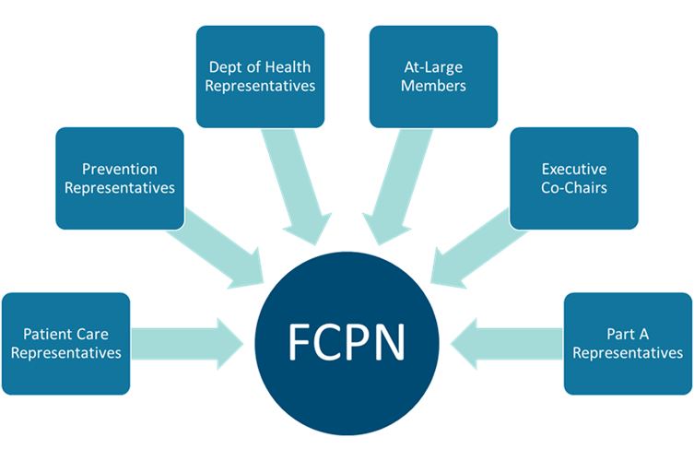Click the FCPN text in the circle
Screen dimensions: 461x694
click(x=347, y=342)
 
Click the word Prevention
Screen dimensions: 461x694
click(x=119, y=170)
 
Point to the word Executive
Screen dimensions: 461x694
click(x=573, y=170)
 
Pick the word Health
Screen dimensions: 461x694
click(x=288, y=67)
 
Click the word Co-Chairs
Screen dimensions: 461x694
click(x=574, y=188)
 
